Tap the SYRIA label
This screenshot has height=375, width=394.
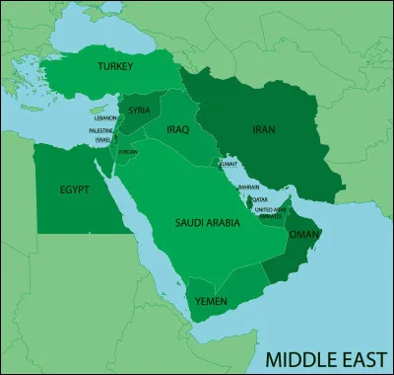[x=140, y=110]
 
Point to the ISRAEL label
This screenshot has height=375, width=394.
[x=103, y=139]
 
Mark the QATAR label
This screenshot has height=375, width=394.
[x=260, y=198]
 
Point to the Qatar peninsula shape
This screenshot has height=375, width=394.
[x=248, y=197]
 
